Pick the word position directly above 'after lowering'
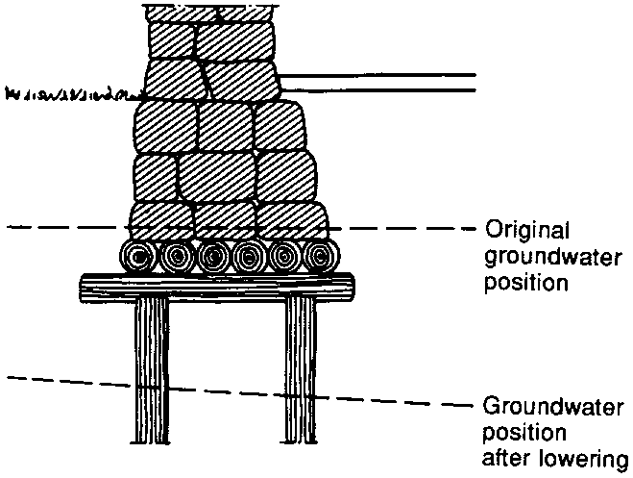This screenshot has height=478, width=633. (518, 430)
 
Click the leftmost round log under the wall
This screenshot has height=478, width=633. (137, 258)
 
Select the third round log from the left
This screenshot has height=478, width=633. (212, 258)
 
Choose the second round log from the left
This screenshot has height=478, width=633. (175, 258)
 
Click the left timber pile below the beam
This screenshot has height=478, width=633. (152, 375)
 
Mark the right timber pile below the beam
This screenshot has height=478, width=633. (301, 375)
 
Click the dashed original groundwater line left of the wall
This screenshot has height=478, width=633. (58, 228)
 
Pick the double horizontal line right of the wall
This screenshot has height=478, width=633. (384, 83)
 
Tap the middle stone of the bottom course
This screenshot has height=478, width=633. (225, 219)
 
